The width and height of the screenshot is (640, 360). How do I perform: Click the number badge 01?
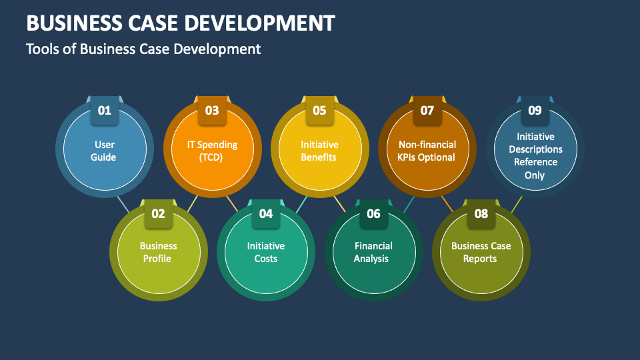point(105,111)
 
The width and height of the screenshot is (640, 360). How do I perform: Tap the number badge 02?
point(158,213)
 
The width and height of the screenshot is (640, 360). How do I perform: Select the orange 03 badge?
point(212,111)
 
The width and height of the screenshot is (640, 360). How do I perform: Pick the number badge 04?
point(266,213)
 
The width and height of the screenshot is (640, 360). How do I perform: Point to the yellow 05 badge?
point(319,111)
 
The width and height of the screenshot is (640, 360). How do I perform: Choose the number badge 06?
point(373,213)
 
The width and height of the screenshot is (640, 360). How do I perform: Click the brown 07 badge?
point(427,111)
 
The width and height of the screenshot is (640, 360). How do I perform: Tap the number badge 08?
point(481,213)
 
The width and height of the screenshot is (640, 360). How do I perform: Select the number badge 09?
point(535,111)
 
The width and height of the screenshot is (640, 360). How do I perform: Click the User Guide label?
point(105,151)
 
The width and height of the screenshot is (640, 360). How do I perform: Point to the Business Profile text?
point(158,252)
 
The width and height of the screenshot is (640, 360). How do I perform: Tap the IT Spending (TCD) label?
point(212,151)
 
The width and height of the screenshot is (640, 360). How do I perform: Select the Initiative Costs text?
point(266,252)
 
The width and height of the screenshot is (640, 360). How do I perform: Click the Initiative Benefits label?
point(319,151)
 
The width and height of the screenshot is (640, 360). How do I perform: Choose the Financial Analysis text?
point(373,252)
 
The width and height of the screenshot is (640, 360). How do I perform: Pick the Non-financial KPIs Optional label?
point(427,151)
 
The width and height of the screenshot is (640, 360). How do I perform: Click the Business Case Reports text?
point(481,252)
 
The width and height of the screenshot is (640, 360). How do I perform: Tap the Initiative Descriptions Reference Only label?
point(535,156)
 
